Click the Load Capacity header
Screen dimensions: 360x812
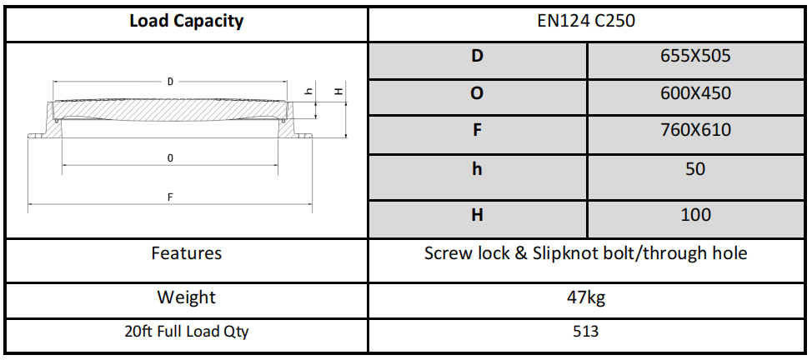pyautogui.click(x=186, y=22)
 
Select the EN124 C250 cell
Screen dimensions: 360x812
pyautogui.click(x=586, y=22)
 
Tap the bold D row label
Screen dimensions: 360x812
pyautogui.click(x=477, y=57)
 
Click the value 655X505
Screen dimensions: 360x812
pyautogui.click(x=695, y=57)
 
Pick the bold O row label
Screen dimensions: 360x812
pyautogui.click(x=477, y=93)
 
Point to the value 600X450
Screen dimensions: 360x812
pyautogui.click(x=695, y=93)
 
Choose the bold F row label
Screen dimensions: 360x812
pyautogui.click(x=477, y=131)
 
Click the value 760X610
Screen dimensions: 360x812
pyautogui.click(x=695, y=131)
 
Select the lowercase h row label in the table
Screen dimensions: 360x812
pyautogui.click(x=477, y=169)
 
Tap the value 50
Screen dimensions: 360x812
pyautogui.click(x=695, y=169)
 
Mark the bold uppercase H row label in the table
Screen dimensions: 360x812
pyautogui.click(x=477, y=215)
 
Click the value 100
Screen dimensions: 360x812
pyautogui.click(x=695, y=215)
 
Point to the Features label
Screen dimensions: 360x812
pyautogui.click(x=186, y=253)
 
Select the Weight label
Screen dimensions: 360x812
pyautogui.click(x=186, y=297)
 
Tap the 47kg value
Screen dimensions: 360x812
pyautogui.click(x=586, y=297)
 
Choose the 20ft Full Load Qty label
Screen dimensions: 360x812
pyautogui.click(x=186, y=332)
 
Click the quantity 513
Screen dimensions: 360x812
pyautogui.click(x=586, y=332)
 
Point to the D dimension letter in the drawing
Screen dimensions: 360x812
pyautogui.click(x=170, y=82)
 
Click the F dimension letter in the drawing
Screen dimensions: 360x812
pyautogui.click(x=170, y=197)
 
